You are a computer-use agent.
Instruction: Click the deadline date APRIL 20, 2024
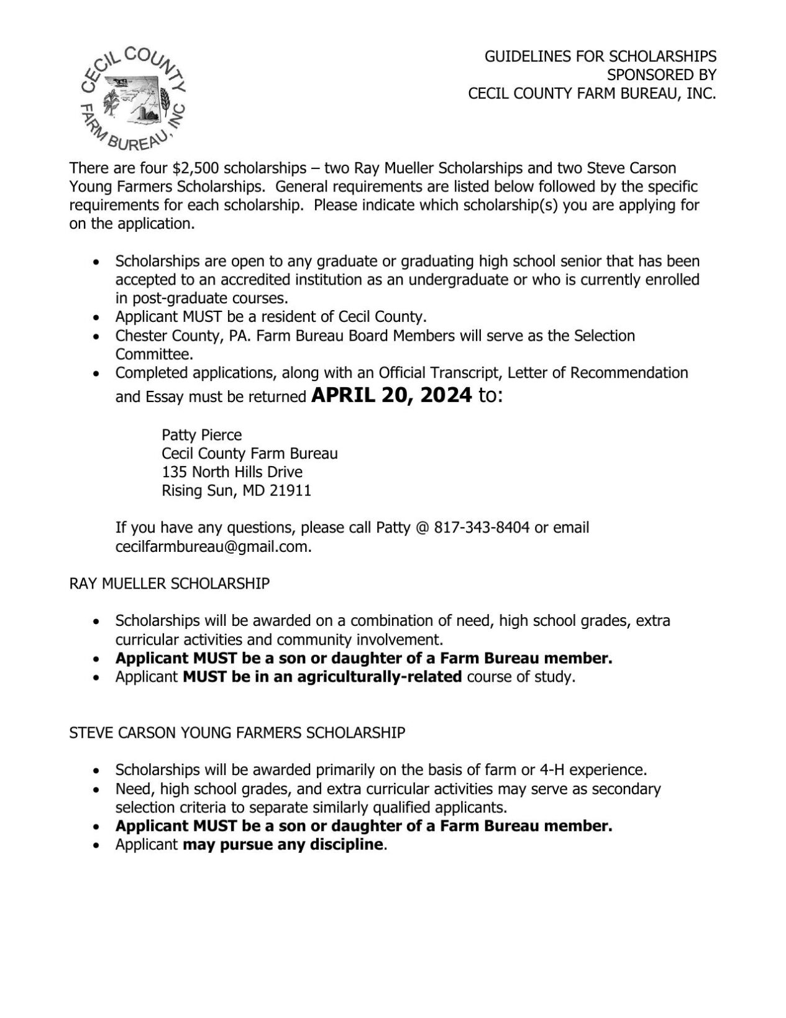[x=391, y=396]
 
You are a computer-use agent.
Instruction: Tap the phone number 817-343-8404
[x=482, y=528]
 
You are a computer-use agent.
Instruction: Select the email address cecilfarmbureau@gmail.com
[x=212, y=547]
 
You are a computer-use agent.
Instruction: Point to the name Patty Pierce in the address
[x=201, y=434]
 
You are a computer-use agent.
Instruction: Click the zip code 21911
[x=290, y=491]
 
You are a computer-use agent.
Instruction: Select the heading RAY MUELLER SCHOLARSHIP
[x=169, y=584]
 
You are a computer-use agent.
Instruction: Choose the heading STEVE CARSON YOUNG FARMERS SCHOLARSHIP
[x=237, y=733]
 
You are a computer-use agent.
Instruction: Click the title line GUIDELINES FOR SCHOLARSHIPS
[x=600, y=56]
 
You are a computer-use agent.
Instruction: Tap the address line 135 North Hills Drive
[x=232, y=472]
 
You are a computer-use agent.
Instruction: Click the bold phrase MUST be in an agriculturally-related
[x=322, y=677]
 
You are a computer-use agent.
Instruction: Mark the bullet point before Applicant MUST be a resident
[x=96, y=318]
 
